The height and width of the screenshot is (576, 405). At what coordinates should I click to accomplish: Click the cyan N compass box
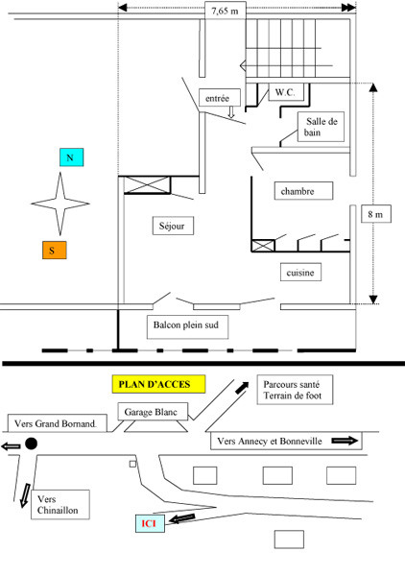pyautogui.click(x=68, y=157)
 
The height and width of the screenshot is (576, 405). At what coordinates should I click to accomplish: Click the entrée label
pyautogui.click(x=216, y=97)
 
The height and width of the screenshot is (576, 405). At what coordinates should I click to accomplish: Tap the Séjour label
pyautogui.click(x=174, y=227)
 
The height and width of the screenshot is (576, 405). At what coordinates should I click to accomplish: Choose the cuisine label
pyautogui.click(x=301, y=274)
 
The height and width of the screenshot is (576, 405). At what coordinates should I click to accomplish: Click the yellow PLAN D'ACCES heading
pyautogui.click(x=156, y=384)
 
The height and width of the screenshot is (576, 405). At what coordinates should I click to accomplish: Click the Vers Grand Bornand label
pyautogui.click(x=58, y=424)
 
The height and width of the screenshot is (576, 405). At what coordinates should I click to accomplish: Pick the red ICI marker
pyautogui.click(x=148, y=523)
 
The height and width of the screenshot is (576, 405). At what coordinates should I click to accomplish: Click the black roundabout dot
pyautogui.click(x=32, y=444)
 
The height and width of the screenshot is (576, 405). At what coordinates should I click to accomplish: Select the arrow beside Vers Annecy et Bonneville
pyautogui.click(x=343, y=441)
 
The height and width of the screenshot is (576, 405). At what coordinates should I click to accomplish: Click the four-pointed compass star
pyautogui.click(x=60, y=204)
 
